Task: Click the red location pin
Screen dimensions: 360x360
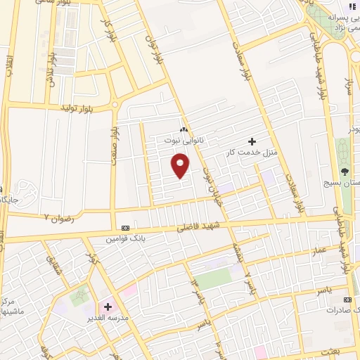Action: coord(181,165)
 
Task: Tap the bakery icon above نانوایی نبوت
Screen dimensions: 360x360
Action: coord(184,129)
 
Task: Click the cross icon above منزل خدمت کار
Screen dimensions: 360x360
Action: coord(252,142)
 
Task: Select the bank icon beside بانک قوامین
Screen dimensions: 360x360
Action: coord(125,229)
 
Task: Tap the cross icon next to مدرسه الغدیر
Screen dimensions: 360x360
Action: coord(108,307)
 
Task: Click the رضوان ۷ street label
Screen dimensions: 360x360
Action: coord(60,218)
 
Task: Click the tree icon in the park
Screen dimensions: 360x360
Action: coord(345,171)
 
